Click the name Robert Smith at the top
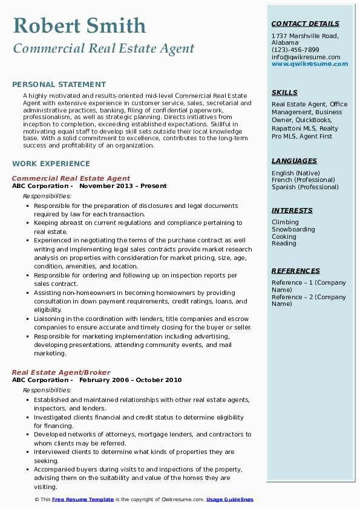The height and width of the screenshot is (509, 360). [x=79, y=25]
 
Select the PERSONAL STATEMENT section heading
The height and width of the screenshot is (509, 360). [x=59, y=85]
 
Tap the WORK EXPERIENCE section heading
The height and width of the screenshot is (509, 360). [x=51, y=163]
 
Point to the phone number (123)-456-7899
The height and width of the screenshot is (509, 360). [x=295, y=50]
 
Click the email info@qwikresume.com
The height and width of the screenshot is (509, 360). [x=306, y=57]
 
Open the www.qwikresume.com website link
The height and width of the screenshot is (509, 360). [x=306, y=63]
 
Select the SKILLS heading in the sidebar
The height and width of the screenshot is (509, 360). [x=284, y=92]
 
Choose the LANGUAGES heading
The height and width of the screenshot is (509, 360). [x=294, y=161]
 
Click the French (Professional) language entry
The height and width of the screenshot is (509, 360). [x=304, y=180]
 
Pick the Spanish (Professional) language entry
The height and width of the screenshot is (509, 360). [x=306, y=187]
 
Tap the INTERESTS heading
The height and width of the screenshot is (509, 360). [x=292, y=210]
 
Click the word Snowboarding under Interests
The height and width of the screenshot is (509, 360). [x=293, y=230]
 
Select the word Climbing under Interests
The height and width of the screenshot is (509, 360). [x=285, y=222]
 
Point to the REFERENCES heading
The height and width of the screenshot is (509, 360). [x=296, y=271]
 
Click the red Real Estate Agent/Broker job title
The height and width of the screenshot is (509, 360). [x=61, y=372]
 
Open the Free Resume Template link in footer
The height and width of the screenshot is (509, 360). [x=82, y=499]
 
